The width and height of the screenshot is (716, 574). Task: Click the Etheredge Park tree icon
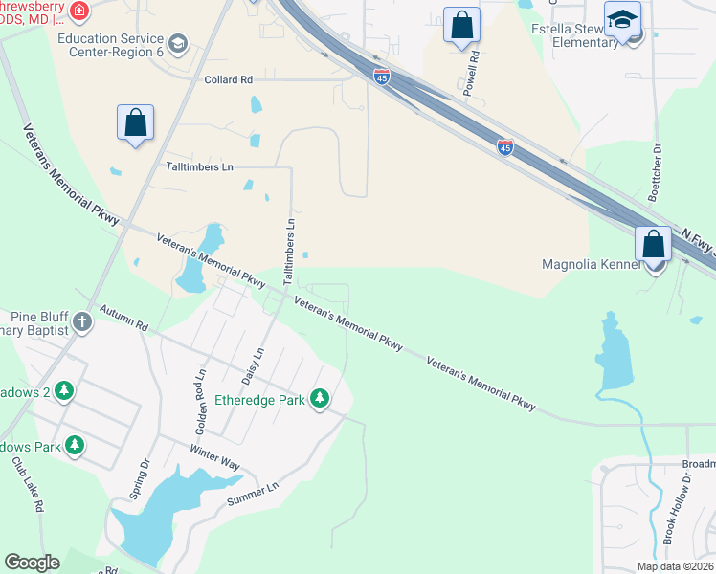321,399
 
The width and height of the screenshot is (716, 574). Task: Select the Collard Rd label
228,80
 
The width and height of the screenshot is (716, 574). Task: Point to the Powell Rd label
471,74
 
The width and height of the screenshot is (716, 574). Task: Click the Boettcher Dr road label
656,173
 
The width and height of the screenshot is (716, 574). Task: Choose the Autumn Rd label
124,319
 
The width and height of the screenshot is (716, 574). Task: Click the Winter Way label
214,456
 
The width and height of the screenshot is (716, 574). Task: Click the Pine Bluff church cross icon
82,321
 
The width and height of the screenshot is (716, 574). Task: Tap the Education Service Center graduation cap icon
178,44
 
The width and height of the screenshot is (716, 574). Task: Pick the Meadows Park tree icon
73,446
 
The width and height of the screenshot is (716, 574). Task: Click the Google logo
33,563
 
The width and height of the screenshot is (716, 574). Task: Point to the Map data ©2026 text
674,566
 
